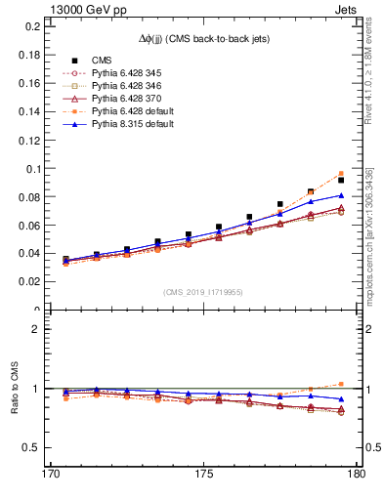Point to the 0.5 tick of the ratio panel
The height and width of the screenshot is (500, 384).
point(27,447)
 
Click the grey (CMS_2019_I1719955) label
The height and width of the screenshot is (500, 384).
point(203,292)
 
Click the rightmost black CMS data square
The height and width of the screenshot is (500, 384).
point(341,180)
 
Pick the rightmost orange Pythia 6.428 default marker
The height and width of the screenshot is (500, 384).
point(341,173)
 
